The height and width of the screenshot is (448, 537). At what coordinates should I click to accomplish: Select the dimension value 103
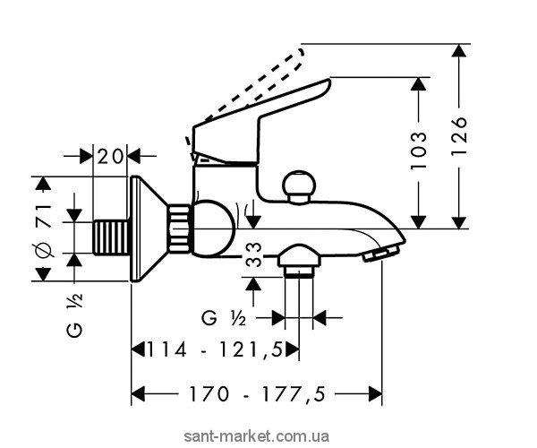click(439, 153)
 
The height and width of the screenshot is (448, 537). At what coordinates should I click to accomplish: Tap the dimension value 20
click(111, 155)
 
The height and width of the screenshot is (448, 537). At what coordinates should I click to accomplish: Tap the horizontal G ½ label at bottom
click(225, 317)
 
